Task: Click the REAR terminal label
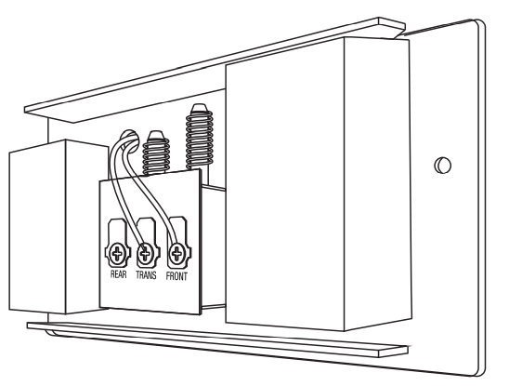tap(119, 274)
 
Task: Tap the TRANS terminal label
tap(146, 275)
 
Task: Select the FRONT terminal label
tap(176, 276)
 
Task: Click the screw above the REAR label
tap(116, 253)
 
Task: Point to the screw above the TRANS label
tap(145, 253)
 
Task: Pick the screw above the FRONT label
tap(176, 253)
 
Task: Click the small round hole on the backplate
tap(443, 166)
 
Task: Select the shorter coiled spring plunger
tap(156, 153)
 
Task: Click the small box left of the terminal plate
tap(59, 227)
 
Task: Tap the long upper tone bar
tap(215, 70)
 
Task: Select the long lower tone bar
tap(217, 339)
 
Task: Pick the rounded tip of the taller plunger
tap(199, 108)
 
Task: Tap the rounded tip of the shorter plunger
tap(156, 135)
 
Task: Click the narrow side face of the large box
tap(377, 184)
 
